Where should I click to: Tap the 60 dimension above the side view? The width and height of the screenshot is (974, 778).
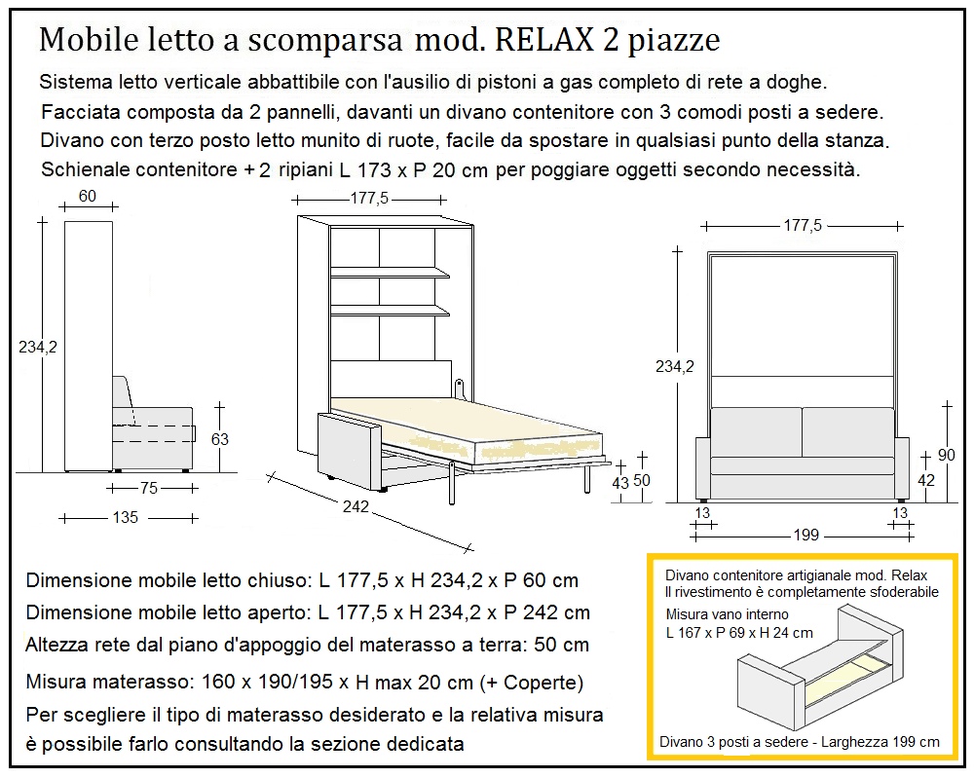(87, 197)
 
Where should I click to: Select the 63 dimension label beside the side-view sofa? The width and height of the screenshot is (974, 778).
(220, 439)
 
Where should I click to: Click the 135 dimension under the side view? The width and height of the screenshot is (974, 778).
(125, 518)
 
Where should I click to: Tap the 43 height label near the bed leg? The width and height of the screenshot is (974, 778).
(620, 482)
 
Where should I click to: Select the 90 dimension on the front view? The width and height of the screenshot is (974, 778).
(945, 454)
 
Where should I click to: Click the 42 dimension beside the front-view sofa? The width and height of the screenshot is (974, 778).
(927, 480)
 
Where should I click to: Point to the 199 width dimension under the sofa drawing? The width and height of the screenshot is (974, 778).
(806, 536)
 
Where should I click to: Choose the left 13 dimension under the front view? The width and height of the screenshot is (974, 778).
(702, 513)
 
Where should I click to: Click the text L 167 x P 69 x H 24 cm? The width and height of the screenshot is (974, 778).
(738, 633)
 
